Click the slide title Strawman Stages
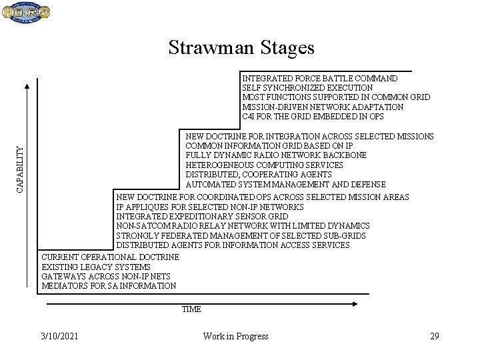[x=241, y=47]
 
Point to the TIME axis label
[x=191, y=309]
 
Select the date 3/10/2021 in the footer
[x=59, y=336]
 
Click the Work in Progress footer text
[x=235, y=336]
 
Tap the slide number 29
[x=434, y=336]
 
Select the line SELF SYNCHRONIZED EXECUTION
[x=307, y=88]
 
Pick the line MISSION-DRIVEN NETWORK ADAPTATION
[x=323, y=107]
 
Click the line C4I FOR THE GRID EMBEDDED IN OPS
[x=313, y=117]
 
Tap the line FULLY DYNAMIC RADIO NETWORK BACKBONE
[x=276, y=155]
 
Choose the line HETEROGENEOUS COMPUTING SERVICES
[x=265, y=165]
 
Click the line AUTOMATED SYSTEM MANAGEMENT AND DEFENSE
[x=285, y=184]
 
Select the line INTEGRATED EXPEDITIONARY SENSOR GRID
[x=202, y=216]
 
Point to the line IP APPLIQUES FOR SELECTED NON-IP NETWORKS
[x=210, y=207]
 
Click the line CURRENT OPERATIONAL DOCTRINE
[x=110, y=257]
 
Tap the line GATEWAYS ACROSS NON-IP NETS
[x=106, y=276]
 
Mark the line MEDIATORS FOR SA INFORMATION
[x=109, y=285]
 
